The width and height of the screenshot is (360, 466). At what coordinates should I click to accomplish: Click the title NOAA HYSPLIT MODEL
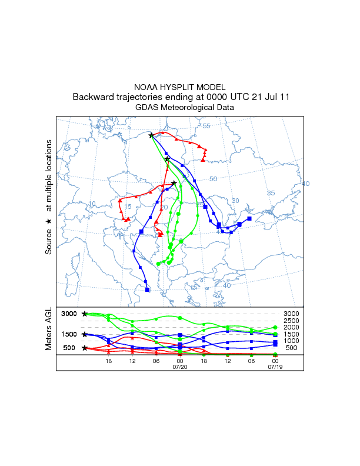click(x=180, y=87)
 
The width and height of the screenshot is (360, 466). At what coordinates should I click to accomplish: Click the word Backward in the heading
click(x=94, y=97)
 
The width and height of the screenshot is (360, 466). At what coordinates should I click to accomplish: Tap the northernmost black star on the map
click(x=151, y=135)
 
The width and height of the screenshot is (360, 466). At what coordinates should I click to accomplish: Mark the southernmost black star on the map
click(x=174, y=183)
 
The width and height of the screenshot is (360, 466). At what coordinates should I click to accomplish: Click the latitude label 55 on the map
click(x=206, y=127)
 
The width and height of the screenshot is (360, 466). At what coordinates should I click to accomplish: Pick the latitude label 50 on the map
click(x=214, y=179)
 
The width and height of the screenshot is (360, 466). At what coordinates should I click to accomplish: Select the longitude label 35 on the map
click(x=271, y=193)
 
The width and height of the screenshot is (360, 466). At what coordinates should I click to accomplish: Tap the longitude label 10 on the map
click(x=92, y=204)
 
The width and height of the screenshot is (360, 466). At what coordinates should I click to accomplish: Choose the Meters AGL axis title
click(x=49, y=329)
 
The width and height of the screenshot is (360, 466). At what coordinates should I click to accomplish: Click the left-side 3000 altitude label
click(x=69, y=314)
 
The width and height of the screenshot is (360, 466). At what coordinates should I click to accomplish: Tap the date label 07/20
click(x=179, y=367)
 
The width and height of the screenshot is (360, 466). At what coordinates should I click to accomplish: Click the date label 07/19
click(x=275, y=367)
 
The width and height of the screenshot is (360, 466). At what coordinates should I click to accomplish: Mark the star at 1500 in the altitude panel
click(x=85, y=334)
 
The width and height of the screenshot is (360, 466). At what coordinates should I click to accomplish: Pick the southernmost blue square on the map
click(x=147, y=289)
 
